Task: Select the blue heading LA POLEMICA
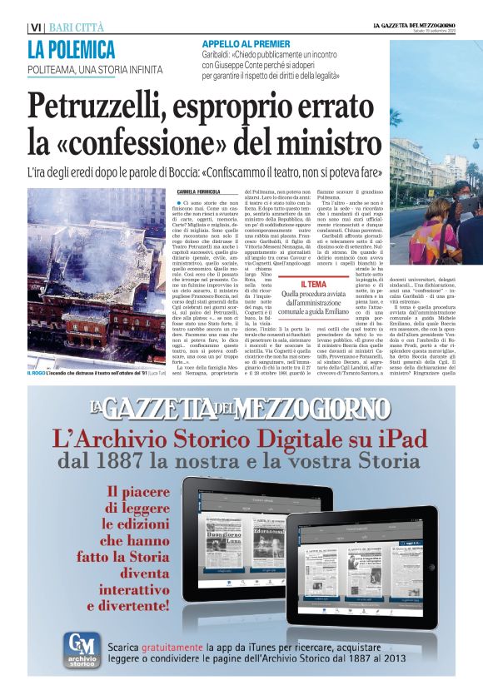pyautogui.click(x=71, y=48)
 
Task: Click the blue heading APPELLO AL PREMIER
pyautogui.click(x=241, y=43)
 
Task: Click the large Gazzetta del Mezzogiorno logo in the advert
pyautogui.click(x=241, y=409)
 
